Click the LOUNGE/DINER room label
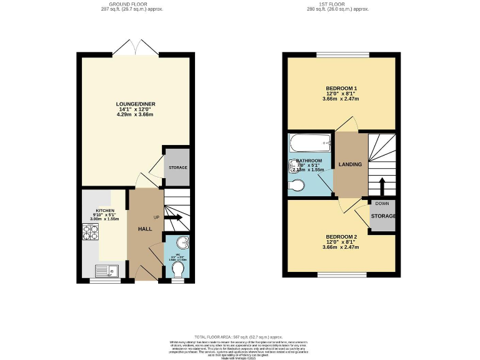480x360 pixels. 135,104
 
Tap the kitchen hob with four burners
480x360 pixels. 90,232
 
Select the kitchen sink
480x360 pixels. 104,271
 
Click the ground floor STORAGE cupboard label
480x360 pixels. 177,167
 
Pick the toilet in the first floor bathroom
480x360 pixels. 297,185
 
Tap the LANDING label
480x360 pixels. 350,164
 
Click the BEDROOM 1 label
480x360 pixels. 341,88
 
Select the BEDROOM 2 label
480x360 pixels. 341,237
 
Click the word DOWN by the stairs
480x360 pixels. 382,204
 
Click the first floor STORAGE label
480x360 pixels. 383,216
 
